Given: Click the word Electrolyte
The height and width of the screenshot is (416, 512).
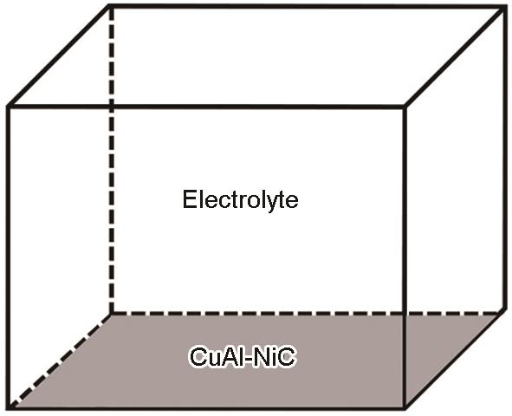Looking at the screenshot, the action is click(240, 200).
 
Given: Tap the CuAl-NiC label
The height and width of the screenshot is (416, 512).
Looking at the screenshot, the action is click(243, 357).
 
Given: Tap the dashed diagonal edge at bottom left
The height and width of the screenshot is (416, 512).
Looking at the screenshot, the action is click(60, 361).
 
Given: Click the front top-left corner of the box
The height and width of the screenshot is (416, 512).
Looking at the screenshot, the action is click(9, 107).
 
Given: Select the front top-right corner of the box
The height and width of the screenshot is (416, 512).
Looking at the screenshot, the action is click(405, 107).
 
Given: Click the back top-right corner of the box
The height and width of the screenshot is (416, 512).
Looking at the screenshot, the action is click(504, 8).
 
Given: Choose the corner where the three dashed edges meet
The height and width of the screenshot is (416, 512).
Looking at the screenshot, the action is click(112, 314).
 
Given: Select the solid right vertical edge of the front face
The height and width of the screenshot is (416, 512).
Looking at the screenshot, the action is click(405, 257).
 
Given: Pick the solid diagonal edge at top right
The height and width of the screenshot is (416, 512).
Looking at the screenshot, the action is click(455, 57).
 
